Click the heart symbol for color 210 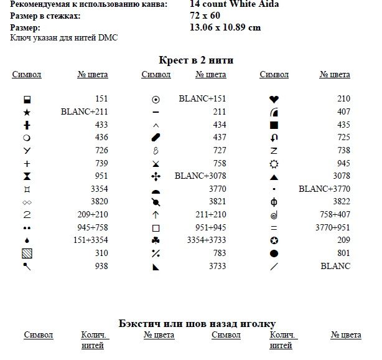point(273,99)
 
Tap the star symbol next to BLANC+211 point(27,112)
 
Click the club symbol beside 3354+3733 point(156,240)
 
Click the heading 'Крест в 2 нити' point(196,60)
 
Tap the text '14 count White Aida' point(234,4)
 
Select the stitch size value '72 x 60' point(205,16)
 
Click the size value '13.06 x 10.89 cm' point(225,27)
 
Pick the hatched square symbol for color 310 point(27,253)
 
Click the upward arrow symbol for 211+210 point(156,215)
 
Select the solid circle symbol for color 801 point(273,253)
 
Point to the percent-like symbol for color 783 point(156,253)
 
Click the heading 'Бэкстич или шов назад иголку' point(197,323)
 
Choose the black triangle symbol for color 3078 point(273,176)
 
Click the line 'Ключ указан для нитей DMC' point(64,38)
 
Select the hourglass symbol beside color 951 point(27,176)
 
